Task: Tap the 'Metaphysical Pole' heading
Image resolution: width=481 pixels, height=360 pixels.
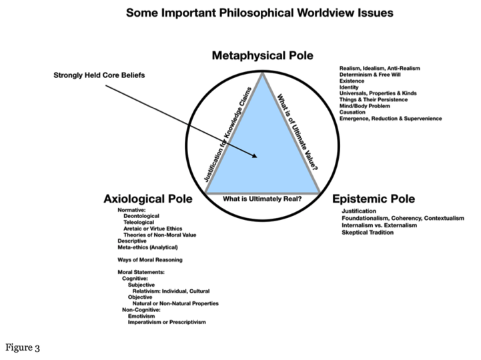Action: coord(262,55)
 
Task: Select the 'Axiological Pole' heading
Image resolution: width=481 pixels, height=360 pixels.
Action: coord(148,199)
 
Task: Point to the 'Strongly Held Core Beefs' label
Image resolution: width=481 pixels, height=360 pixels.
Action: coord(99,75)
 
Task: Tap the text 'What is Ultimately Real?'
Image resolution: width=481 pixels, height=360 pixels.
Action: coord(262,198)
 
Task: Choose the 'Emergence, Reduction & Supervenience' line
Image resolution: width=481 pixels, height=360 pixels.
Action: coord(390,119)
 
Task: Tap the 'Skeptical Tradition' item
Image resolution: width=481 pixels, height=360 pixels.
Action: coord(369,233)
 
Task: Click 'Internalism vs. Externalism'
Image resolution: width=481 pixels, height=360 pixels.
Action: coord(380,225)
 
